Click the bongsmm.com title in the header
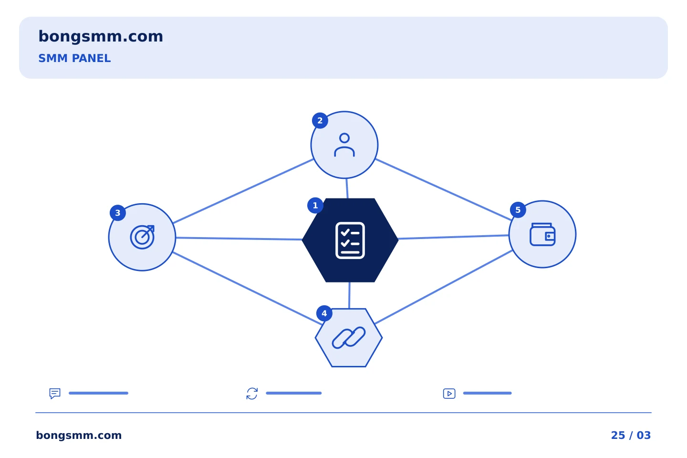coord(101,37)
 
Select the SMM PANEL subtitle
coord(74,58)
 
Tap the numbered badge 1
coord(315,206)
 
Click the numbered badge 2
coord(320,121)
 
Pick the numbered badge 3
coord(118,213)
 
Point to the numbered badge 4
coord(324,313)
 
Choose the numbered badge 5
coord(518,210)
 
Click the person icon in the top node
coord(344,145)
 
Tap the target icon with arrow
coord(142,237)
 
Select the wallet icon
coord(542,234)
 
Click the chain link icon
coord(349,338)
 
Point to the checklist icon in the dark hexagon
coord(350,240)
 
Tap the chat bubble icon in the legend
coord(55,393)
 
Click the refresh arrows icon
coord(252,394)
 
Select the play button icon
coord(449,394)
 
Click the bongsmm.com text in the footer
coord(79,435)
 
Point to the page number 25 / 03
coord(631,435)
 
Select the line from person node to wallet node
coord(444,189)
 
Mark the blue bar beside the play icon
coord(488,393)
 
